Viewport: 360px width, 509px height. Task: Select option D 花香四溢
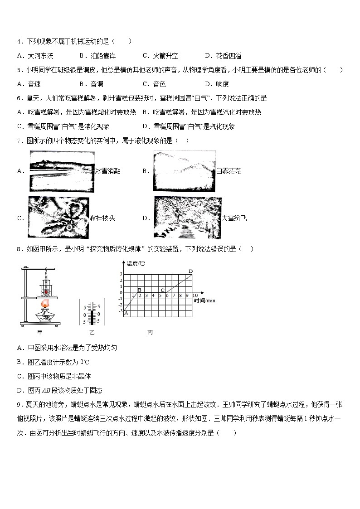[223, 56]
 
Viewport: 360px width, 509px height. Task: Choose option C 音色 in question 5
[154, 84]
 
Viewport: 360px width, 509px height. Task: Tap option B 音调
[91, 84]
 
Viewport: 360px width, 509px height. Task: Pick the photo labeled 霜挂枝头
[58, 218]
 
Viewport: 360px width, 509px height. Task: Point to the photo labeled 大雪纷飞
[187, 218]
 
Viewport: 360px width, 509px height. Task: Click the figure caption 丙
[150, 332]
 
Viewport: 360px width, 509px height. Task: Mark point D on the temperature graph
[190, 271]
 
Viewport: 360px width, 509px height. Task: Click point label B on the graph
[140, 290]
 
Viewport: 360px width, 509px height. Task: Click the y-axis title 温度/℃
[136, 263]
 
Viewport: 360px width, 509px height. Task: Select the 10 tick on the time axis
[195, 296]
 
